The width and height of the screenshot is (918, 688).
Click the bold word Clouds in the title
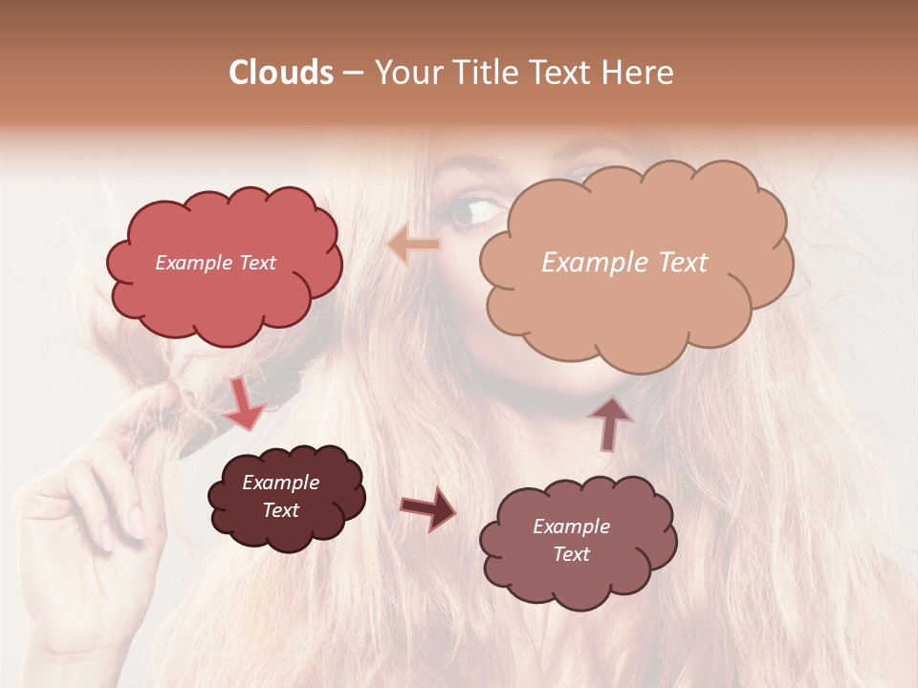pyautogui.click(x=281, y=73)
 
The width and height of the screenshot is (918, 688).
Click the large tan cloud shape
pyautogui.click(x=636, y=306)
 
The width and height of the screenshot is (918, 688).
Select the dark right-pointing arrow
pyautogui.click(x=428, y=507)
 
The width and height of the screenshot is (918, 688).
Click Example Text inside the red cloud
pyautogui.click(x=215, y=263)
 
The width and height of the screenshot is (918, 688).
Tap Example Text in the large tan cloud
pyautogui.click(x=624, y=263)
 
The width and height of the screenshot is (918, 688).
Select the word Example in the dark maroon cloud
pyautogui.click(x=280, y=483)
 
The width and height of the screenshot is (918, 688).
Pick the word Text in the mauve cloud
pyautogui.click(x=571, y=554)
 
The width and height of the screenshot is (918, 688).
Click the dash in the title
pyautogui.click(x=353, y=73)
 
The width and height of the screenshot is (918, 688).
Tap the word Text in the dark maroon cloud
pyautogui.click(x=280, y=510)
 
